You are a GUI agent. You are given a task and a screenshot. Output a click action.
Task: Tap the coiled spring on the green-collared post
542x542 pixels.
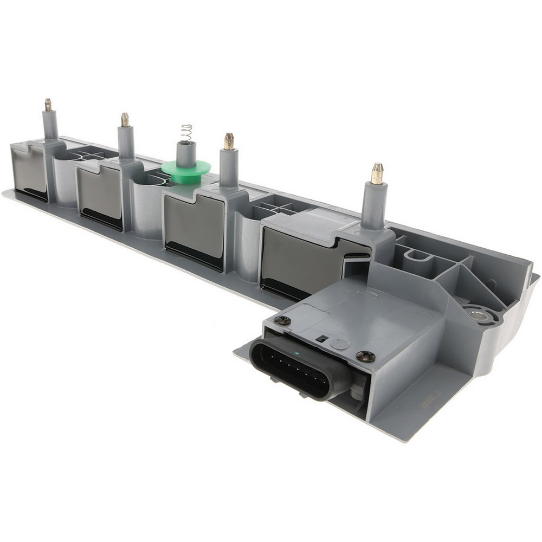click(185, 133)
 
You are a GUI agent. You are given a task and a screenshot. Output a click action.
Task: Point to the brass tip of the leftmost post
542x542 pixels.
click(48, 104)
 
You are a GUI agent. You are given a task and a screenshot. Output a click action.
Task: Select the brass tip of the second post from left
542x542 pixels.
click(125, 119)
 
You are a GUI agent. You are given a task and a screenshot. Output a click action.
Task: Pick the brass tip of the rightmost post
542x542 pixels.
click(377, 173)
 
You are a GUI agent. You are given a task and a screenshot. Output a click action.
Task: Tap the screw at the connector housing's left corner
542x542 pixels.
click(283, 321)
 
